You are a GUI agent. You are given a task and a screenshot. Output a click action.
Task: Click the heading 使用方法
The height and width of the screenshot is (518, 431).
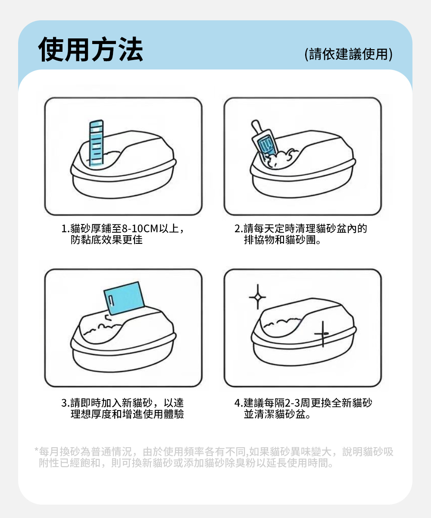pyautogui.click(x=91, y=49)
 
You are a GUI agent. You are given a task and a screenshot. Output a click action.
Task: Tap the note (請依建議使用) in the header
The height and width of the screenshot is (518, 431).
pyautogui.click(x=349, y=54)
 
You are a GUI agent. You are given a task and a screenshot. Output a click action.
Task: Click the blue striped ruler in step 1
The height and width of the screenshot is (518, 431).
pyautogui.click(x=96, y=143)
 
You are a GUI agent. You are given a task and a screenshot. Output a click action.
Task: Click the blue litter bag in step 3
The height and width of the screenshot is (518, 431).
pyautogui.click(x=124, y=298)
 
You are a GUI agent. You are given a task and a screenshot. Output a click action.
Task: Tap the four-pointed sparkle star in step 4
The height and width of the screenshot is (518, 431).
pyautogui.click(x=258, y=297)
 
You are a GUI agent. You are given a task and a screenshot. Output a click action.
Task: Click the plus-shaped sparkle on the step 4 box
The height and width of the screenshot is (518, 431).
pyautogui.click(x=322, y=334)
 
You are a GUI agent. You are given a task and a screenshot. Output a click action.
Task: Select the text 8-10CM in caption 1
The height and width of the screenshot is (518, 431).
pyautogui.click(x=140, y=228)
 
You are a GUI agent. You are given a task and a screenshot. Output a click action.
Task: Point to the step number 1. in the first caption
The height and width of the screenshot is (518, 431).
pyautogui.click(x=66, y=229)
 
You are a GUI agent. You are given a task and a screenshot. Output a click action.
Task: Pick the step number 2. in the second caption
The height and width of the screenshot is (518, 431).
pyautogui.click(x=239, y=229)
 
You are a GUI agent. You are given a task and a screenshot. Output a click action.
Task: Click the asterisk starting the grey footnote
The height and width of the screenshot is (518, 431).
pyautogui.click(x=36, y=449)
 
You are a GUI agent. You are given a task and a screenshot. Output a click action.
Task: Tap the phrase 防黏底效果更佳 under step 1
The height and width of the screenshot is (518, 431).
pyautogui.click(x=107, y=240)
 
